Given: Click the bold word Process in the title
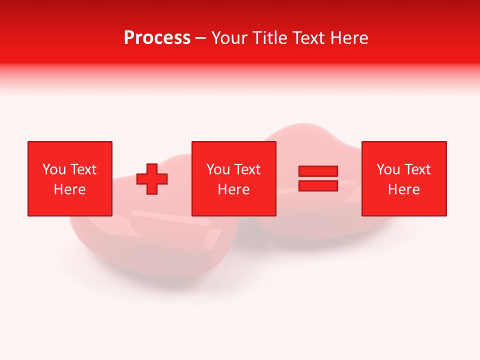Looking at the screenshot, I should pos(157,38).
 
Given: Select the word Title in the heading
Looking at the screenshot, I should pos(269,38).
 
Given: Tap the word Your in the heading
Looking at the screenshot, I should pos(230,38).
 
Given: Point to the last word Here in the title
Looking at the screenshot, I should pos(350,38).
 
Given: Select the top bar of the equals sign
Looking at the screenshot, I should pos(318,171).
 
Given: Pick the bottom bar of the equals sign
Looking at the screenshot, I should pos(318,185).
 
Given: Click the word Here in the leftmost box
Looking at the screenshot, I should pos(69,189).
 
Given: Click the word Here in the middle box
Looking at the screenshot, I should pos(233,189).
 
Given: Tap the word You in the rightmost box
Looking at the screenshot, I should pos(388,169).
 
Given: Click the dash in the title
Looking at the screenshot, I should pos(201,38).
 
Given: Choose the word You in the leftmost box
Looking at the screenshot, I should pos(54,169).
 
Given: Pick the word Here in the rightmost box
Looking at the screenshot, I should pos(403,189).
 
